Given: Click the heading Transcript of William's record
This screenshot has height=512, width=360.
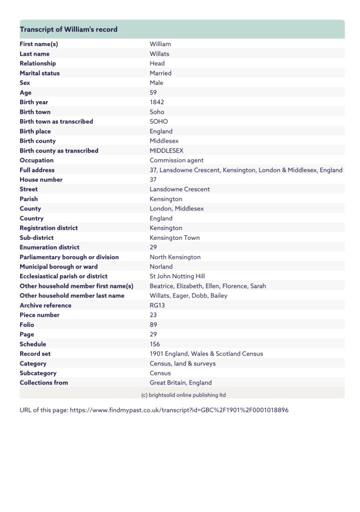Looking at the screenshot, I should pyautogui.click(x=68, y=30).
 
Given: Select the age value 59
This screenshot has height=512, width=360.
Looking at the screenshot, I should pyautogui.click(x=153, y=93).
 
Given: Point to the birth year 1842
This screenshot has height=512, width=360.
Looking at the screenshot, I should pyautogui.click(x=157, y=102).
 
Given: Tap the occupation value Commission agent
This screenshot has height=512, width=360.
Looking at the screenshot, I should pyautogui.click(x=176, y=160).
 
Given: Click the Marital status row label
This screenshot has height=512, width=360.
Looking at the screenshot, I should pyautogui.click(x=39, y=73).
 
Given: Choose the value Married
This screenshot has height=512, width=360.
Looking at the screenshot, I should pyautogui.click(x=160, y=73).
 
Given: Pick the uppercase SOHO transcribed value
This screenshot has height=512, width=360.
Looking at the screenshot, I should pyautogui.click(x=159, y=122).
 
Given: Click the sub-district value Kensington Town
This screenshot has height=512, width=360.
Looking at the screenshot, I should pyautogui.click(x=174, y=238).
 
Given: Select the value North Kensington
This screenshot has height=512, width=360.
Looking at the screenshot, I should pyautogui.click(x=175, y=257).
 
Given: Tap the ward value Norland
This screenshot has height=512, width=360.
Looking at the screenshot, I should pyautogui.click(x=161, y=267).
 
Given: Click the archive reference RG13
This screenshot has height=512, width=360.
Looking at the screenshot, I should pyautogui.click(x=158, y=305).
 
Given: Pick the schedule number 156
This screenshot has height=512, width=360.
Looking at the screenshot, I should pyautogui.click(x=155, y=344).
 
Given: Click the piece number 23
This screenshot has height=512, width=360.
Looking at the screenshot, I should pyautogui.click(x=153, y=315).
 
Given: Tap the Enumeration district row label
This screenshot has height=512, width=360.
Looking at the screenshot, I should pyautogui.click(x=49, y=247).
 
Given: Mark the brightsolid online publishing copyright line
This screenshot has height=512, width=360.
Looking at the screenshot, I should pyautogui.click(x=183, y=394).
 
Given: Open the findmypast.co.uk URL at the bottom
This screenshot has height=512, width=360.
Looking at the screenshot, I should pyautogui.click(x=179, y=410).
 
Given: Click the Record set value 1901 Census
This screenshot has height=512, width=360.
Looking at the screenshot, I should pyautogui.click(x=206, y=354).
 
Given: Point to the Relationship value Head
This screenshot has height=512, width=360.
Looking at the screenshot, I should pyautogui.click(x=157, y=64).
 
